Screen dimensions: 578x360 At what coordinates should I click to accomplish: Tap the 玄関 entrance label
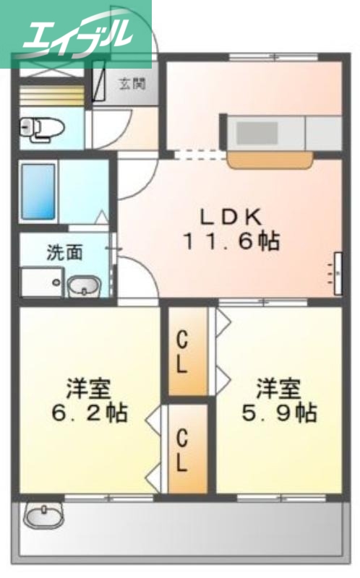(133, 82)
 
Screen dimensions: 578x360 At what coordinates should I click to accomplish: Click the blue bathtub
(38, 191)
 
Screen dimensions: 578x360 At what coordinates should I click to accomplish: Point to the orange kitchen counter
(270, 158)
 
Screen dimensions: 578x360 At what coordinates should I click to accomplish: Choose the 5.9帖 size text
(277, 413)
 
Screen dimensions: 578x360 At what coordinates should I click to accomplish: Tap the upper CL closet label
(183, 351)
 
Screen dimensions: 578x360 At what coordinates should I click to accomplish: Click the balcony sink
(45, 516)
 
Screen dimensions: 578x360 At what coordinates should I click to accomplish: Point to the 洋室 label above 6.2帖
(88, 389)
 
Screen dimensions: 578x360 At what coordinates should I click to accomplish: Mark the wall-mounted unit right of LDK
(336, 272)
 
